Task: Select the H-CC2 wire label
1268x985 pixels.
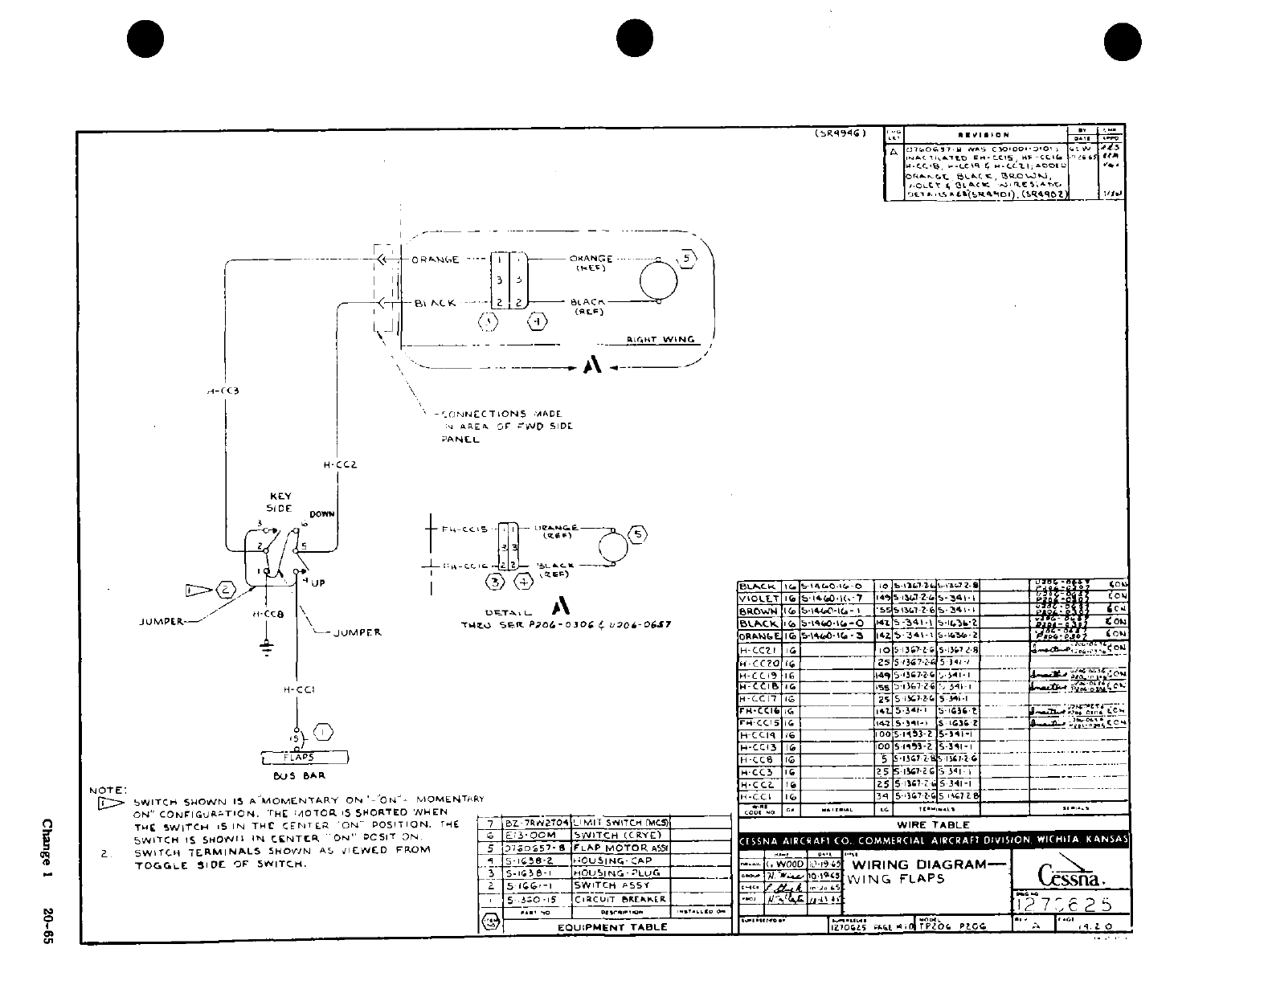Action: click(339, 464)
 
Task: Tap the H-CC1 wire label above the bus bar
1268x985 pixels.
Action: click(298, 689)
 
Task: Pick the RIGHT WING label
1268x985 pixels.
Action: click(661, 340)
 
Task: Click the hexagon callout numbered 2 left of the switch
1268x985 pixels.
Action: click(226, 591)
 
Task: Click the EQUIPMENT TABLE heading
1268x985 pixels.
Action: click(612, 926)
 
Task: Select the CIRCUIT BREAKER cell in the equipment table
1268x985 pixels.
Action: click(620, 899)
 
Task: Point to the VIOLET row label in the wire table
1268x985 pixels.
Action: click(758, 599)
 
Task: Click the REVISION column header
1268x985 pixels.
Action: click(984, 135)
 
